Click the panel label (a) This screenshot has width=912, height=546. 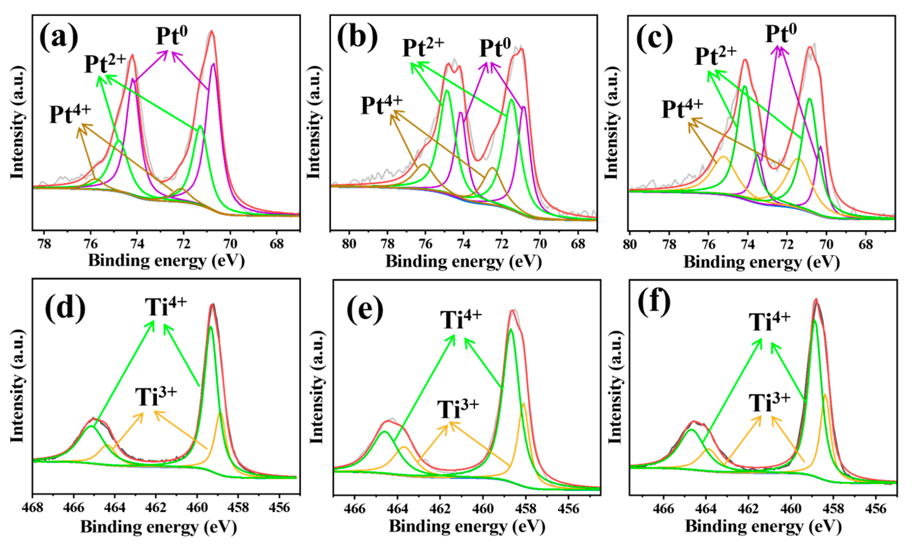[x=59, y=39]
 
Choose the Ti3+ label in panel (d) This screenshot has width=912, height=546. [x=156, y=396]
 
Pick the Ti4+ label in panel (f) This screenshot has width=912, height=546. [x=770, y=322]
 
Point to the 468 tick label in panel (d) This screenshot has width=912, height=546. [x=33, y=508]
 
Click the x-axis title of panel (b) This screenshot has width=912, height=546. [x=463, y=262]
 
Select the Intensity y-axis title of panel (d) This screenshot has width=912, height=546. [x=17, y=386]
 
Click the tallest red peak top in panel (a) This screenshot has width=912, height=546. [x=211, y=31]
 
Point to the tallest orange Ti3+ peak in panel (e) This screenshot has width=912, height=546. [x=523, y=404]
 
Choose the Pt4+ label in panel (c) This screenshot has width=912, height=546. [x=682, y=108]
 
